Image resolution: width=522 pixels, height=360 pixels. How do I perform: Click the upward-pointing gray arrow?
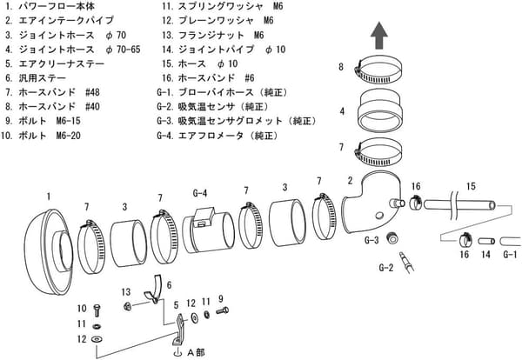[x=379, y=37]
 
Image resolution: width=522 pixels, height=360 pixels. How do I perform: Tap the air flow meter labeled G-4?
[x=209, y=232]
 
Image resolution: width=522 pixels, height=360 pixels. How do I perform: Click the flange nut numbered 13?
[x=128, y=305]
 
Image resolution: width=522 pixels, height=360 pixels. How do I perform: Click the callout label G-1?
[x=510, y=254]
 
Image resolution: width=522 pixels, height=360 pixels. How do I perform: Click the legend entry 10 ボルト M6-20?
[x=48, y=135]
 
